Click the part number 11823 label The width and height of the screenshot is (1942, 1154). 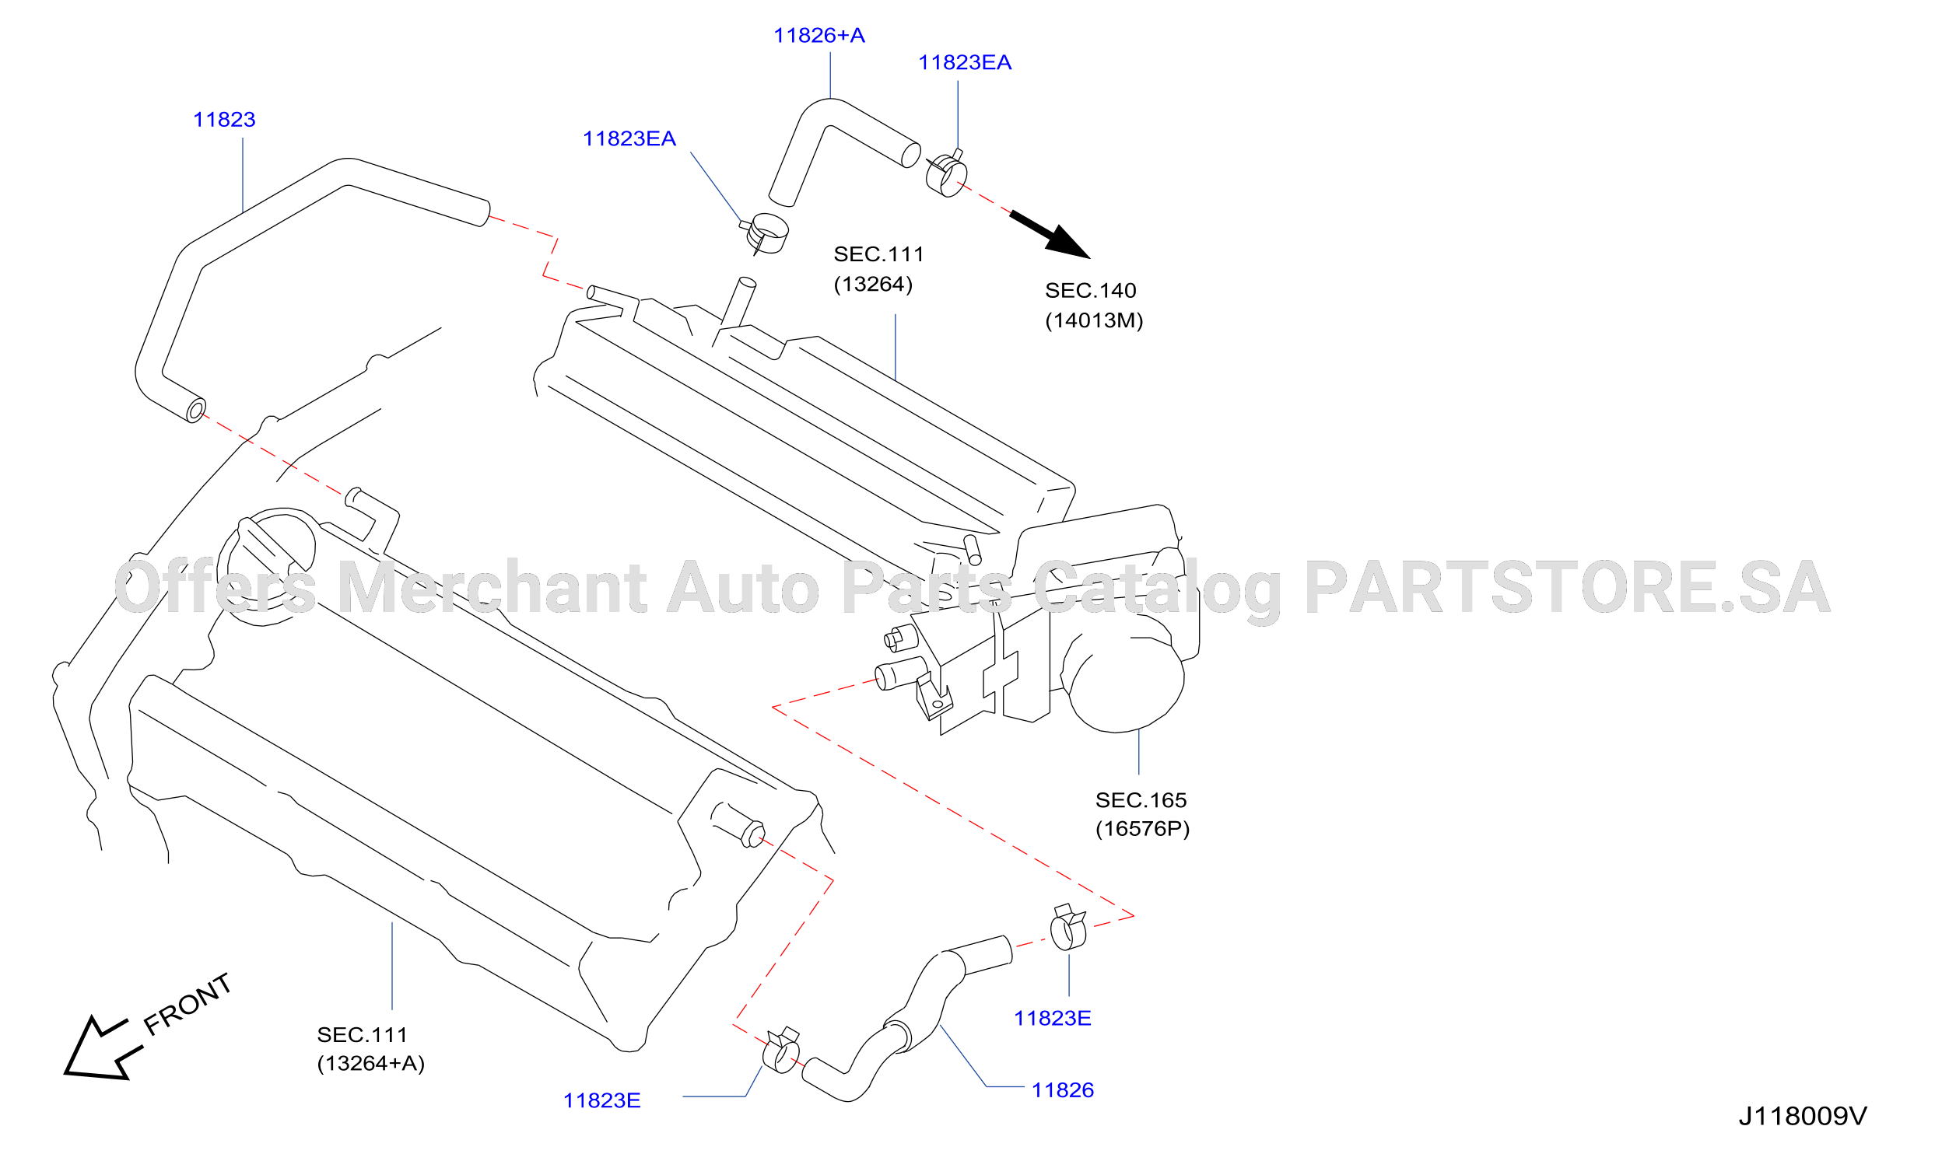coord(224,120)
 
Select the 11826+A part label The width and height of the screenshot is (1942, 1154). coord(819,36)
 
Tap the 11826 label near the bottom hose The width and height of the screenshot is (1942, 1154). coord(1063,1090)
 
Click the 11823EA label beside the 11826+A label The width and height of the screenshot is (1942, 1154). coord(965,63)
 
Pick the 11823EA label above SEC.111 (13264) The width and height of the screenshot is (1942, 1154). coord(629,139)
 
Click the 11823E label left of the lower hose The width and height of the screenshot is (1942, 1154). coord(601,1101)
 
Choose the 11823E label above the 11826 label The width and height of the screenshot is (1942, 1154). coord(1052,1019)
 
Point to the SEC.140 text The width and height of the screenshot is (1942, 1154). coord(1090,291)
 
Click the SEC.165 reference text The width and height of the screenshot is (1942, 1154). coord(1141,800)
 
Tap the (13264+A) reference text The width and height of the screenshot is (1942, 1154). coord(370,1064)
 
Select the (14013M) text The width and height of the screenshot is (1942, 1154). coord(1093,320)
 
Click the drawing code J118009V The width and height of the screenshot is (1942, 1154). coord(1802,1117)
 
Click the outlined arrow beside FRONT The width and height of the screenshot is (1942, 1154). coord(101,1050)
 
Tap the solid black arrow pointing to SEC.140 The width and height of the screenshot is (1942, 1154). coord(1050,234)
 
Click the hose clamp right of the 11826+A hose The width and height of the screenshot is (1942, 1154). coord(946,173)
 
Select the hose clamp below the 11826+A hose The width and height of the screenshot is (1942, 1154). coord(765,233)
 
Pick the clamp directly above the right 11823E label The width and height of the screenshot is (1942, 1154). coord(1068,928)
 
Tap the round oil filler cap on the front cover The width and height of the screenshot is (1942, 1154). coord(267,567)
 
